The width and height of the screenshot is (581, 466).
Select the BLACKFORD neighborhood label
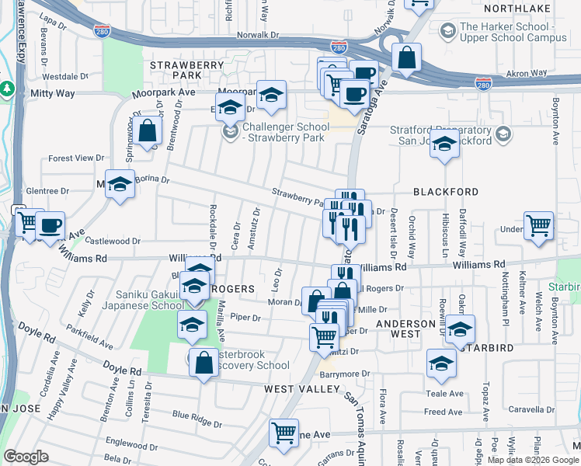(445, 192)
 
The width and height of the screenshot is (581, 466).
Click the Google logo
(26, 457)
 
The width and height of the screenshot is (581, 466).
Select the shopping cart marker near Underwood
(539, 226)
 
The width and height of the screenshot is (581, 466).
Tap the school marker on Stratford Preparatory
(444, 145)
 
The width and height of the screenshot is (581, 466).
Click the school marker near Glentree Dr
(119, 185)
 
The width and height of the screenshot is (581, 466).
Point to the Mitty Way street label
(52, 93)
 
